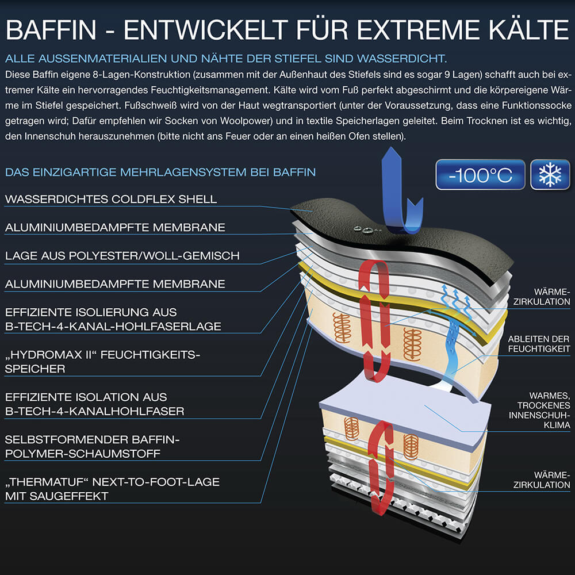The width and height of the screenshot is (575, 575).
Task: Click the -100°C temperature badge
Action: (481, 175)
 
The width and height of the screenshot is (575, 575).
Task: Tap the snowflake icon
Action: (550, 175)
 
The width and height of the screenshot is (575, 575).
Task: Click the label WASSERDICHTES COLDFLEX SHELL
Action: (111, 200)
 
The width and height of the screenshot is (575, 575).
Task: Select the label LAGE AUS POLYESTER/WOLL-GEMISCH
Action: (122, 256)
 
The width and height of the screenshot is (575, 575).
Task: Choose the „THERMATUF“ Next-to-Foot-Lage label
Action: (112, 489)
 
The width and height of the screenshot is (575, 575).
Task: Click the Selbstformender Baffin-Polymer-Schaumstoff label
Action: (92, 446)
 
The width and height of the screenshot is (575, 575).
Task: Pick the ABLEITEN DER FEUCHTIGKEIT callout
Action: (538, 344)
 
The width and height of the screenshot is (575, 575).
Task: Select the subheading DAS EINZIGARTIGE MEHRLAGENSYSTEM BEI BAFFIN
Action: (160, 172)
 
